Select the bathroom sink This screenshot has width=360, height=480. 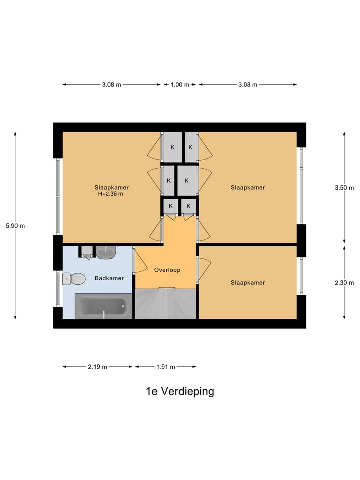pos(105,252)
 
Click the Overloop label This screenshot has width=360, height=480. pos(167,270)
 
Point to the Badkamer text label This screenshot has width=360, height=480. pos(106,278)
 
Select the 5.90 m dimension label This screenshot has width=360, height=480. pos(15,226)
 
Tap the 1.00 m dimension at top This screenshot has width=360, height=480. pos(180,85)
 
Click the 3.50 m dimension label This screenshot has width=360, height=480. pos(344,188)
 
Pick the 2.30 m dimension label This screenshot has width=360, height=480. pos(344,283)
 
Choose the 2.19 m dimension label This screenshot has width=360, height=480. pos(98,367)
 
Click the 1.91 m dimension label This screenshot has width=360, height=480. pos(165,367)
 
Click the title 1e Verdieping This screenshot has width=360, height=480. pos(180,391)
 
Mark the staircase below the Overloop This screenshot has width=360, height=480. pos(166,304)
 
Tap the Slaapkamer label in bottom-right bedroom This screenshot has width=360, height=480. pos(248,283)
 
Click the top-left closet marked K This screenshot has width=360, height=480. pos(172,147)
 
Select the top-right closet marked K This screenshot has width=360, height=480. pos(190,147)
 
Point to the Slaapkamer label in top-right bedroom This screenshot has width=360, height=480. pos(248,188)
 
